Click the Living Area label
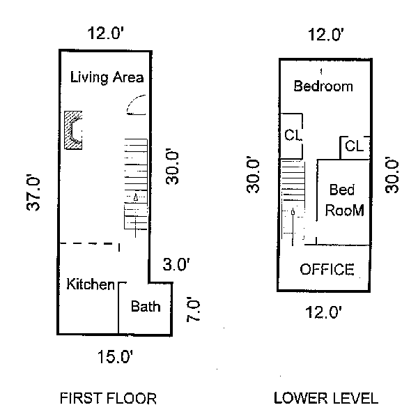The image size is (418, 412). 107,77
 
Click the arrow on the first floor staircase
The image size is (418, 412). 137,197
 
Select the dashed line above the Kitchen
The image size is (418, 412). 89,243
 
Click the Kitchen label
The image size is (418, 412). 90,284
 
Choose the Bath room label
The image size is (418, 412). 146,306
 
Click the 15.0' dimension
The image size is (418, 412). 115,358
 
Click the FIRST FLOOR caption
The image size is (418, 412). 108,399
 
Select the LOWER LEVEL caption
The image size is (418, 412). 326,399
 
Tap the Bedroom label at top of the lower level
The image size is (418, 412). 323,87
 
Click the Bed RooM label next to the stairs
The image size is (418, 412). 343,199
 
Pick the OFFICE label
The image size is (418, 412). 327,270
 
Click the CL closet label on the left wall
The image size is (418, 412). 293,135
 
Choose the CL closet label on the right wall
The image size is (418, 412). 354,147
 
